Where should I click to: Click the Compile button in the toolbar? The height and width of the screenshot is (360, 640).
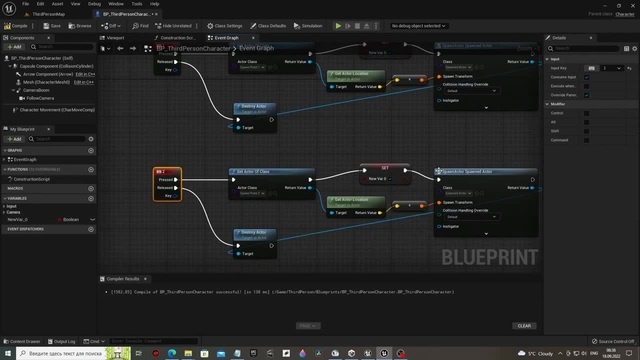point(19,25)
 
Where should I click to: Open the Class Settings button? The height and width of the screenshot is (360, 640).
point(226,25)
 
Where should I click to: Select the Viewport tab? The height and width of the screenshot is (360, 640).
point(116,37)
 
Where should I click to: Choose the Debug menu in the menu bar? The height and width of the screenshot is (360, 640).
point(94,4)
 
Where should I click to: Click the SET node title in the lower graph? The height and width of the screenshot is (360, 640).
point(384,168)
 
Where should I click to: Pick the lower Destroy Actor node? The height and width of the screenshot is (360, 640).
point(253,233)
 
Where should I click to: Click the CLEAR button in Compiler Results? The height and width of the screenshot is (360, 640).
point(524,325)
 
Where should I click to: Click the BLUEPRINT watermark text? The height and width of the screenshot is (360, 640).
point(487,257)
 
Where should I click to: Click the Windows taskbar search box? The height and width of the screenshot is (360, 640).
point(60,353)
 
